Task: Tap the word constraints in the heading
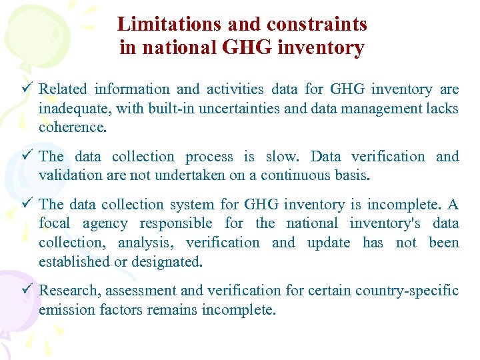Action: (x=317, y=25)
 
